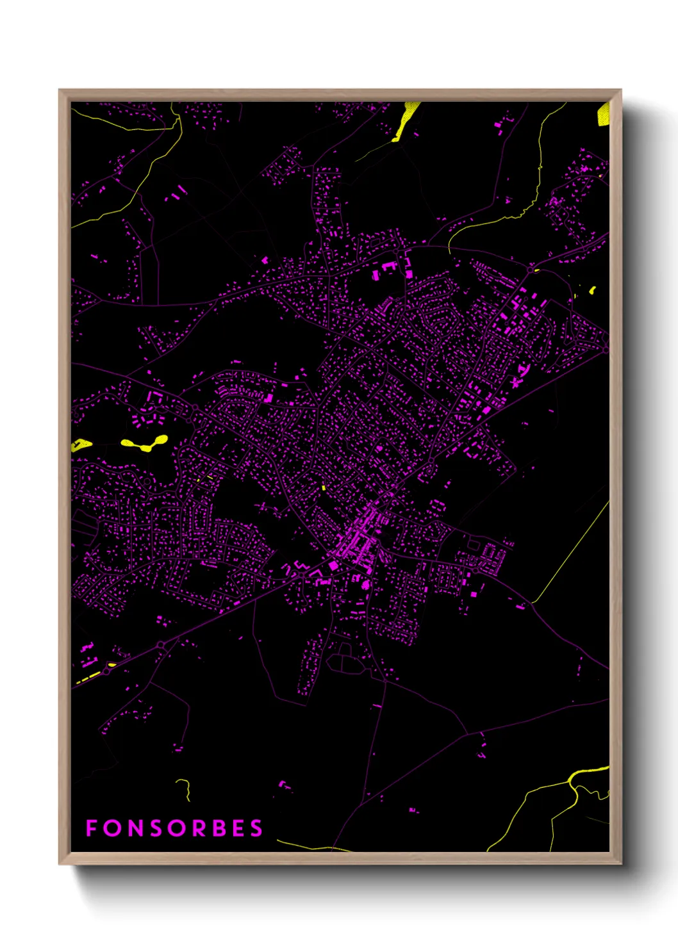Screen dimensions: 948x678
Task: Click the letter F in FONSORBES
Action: (x=91, y=828)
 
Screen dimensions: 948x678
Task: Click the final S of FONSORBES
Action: (x=256, y=828)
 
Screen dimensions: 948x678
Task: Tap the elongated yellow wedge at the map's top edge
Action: (x=406, y=120)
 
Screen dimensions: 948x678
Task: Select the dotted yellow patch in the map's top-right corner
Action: (x=603, y=114)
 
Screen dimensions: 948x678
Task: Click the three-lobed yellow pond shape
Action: (x=146, y=443)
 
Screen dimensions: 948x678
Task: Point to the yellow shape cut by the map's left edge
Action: (x=79, y=445)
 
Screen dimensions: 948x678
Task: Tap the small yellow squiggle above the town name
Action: (x=185, y=788)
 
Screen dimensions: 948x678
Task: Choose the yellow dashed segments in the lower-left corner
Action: (x=90, y=676)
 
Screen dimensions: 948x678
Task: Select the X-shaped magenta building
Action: (x=515, y=382)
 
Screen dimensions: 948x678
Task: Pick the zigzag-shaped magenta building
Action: (x=299, y=567)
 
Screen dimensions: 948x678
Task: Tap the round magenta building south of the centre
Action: (x=365, y=584)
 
